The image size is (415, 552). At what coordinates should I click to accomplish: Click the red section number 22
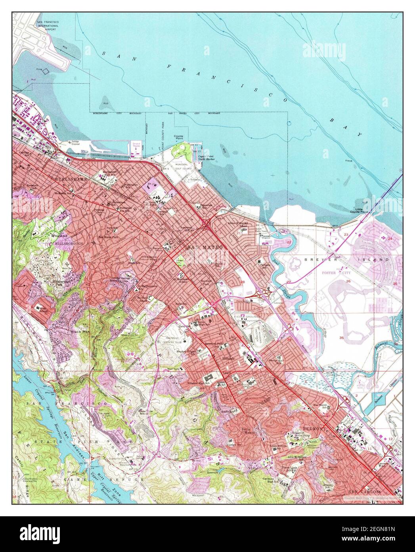(289, 242)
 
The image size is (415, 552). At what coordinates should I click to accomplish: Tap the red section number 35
(342, 338)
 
